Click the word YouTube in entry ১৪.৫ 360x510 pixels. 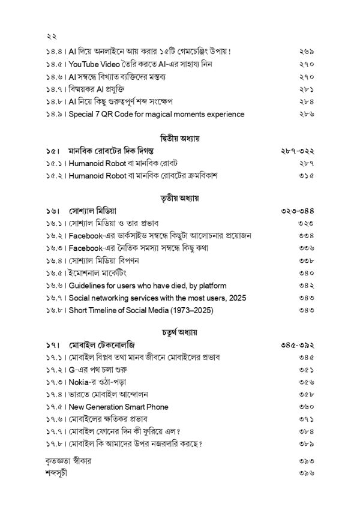pos(86,64)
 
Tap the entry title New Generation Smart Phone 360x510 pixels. pos(118,407)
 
